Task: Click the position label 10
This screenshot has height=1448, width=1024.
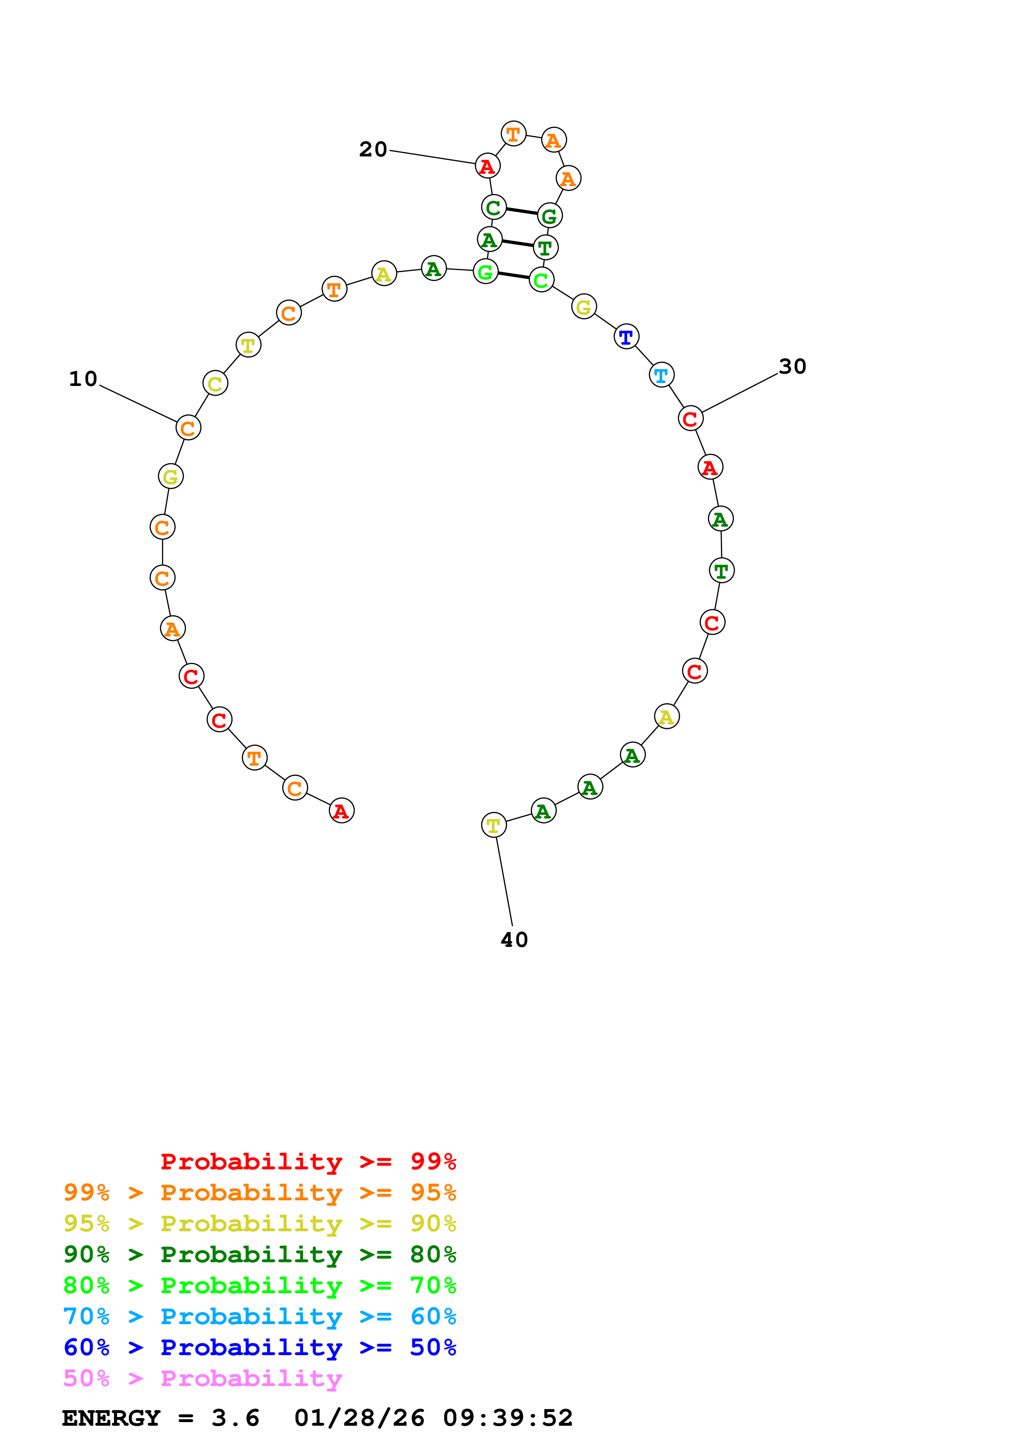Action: click(83, 379)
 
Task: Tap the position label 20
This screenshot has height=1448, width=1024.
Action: click(373, 149)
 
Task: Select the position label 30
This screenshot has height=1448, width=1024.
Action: click(792, 367)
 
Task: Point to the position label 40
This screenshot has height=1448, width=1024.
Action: click(514, 940)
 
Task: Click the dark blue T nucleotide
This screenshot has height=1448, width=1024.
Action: click(626, 337)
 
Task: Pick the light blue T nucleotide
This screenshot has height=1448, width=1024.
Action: click(661, 375)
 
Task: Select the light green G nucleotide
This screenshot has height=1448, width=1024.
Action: click(485, 272)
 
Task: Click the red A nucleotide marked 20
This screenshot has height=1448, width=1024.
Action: click(487, 166)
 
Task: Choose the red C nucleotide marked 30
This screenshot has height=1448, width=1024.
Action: click(690, 418)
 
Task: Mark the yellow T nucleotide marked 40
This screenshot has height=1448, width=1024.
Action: click(493, 825)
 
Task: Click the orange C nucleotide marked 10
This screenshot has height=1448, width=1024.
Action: click(188, 428)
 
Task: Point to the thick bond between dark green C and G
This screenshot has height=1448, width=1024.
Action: click(521, 211)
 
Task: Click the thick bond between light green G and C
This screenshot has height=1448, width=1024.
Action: click(513, 276)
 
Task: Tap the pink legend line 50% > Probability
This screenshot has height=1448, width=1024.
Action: click(202, 1378)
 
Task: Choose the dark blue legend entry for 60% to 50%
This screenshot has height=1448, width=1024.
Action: click(259, 1347)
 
